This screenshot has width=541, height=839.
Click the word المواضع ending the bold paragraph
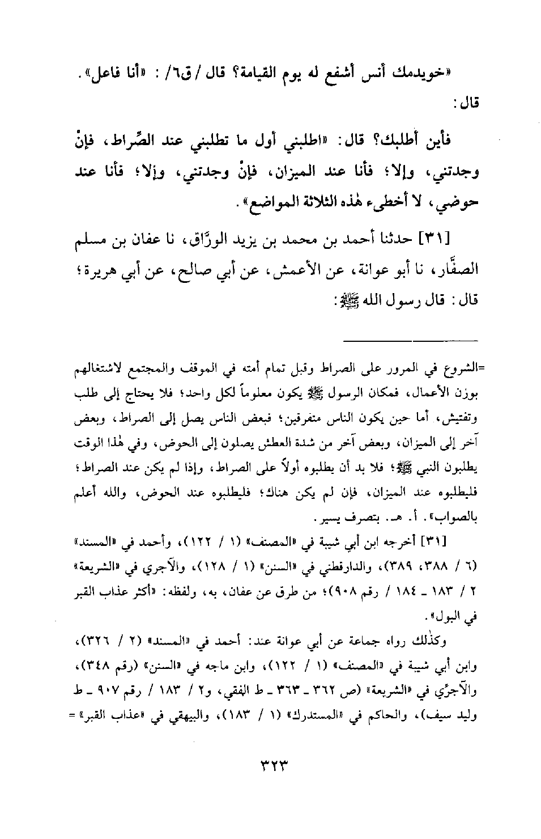click(236, 202)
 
